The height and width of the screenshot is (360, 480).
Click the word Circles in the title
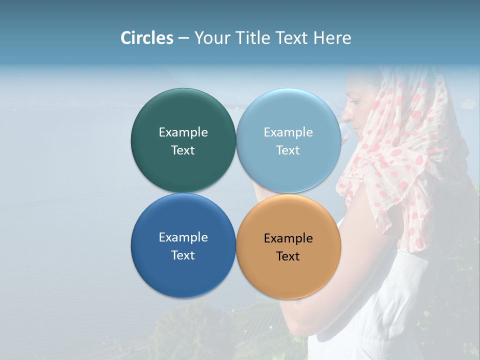tap(146, 38)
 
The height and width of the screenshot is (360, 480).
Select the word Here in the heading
tap(332, 38)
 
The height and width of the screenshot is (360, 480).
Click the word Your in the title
tap(210, 38)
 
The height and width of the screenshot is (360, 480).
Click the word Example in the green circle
tap(183, 132)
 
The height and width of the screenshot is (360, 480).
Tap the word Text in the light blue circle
tap(288, 150)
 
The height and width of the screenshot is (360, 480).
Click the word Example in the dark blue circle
tap(183, 237)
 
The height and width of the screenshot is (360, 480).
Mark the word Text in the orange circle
tap(288, 256)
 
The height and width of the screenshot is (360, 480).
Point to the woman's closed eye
tap(354, 102)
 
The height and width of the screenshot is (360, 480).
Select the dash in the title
tap(183, 38)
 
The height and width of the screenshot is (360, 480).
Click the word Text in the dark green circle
tap(183, 150)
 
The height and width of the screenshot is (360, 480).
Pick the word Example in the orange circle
tap(288, 238)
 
